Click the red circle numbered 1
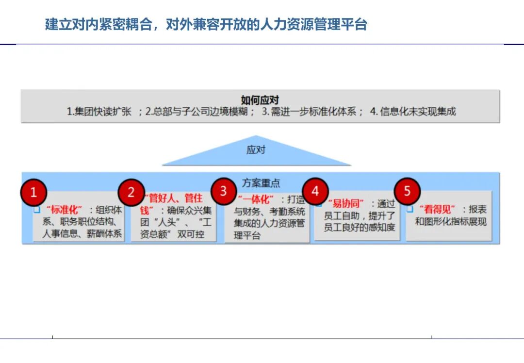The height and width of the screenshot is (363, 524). (33, 193)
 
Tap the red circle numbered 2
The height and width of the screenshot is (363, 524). (131, 192)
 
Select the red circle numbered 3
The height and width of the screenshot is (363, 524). (224, 191)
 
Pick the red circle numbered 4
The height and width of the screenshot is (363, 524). (315, 191)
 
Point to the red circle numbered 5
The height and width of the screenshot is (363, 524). (407, 191)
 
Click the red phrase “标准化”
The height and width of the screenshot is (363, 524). (64, 210)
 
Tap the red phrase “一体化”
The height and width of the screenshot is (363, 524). (256, 199)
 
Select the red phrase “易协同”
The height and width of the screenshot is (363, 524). (345, 203)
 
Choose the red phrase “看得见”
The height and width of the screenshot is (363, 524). (437, 210)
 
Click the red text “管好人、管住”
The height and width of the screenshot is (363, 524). (173, 198)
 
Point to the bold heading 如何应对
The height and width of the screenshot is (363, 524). (260, 100)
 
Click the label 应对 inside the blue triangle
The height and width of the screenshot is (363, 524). (256, 150)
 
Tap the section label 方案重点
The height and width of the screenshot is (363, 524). (261, 183)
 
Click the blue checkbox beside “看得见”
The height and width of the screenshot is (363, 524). (410, 209)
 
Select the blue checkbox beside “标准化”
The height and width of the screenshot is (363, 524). (37, 210)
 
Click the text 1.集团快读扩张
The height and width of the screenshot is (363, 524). (99, 112)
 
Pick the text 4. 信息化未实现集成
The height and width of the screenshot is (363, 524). (413, 111)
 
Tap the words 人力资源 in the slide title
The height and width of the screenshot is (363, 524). (287, 24)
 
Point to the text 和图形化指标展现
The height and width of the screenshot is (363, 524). (451, 222)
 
